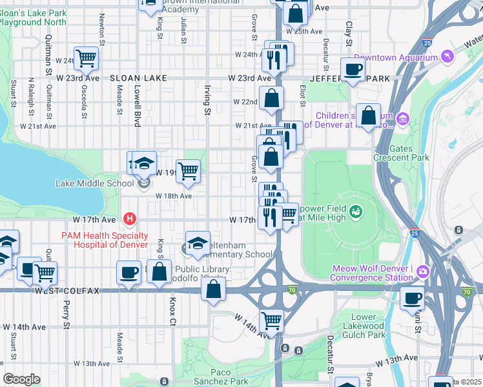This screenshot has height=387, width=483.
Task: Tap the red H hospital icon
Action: (130, 219)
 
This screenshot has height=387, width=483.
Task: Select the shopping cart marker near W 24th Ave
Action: (86, 58)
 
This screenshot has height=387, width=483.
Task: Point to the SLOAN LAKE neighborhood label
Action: (138, 78)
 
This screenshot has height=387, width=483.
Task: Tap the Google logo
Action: (21, 379)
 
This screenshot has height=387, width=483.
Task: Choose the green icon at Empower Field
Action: (355, 211)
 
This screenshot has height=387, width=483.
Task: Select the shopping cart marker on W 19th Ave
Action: (188, 171)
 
